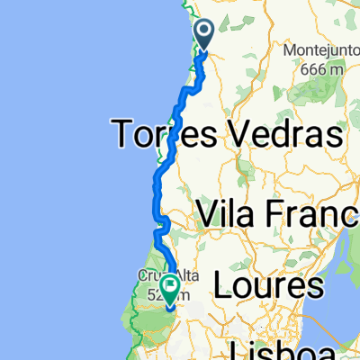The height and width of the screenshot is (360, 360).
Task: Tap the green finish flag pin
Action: coord(169,289)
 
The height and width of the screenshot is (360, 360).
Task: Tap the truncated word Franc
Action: coord(319,216)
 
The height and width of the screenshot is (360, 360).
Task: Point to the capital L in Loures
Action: coord(221,286)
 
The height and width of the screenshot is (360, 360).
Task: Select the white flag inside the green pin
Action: coord(169,286)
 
